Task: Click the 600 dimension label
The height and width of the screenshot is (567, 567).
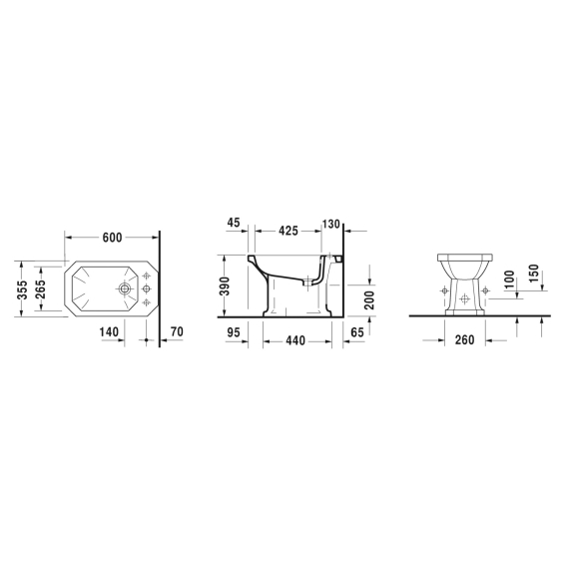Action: [113, 238]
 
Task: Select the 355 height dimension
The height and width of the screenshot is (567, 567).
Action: [23, 290]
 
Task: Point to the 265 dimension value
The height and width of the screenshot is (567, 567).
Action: [42, 288]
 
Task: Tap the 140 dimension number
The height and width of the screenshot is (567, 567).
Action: [109, 331]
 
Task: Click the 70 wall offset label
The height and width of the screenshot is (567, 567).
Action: [177, 331]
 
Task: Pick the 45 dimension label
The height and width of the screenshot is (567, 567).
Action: [234, 223]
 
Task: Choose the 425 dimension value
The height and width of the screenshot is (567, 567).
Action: [288, 231]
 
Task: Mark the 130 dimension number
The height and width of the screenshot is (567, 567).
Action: [331, 225]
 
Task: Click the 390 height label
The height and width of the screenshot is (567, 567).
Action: [226, 286]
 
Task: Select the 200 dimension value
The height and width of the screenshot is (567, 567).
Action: [369, 300]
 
